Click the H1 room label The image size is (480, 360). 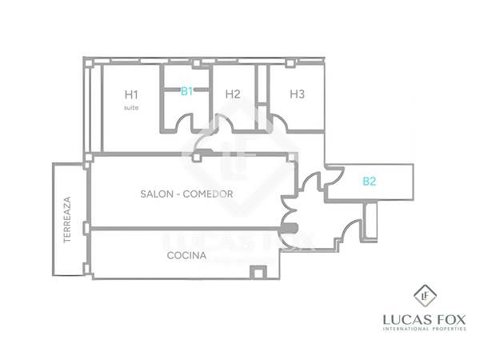(131, 94)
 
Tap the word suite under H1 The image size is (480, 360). (131, 107)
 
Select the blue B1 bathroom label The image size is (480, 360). (186, 91)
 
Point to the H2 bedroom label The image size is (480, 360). (233, 94)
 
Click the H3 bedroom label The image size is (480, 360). (298, 94)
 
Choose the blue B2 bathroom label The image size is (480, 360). (369, 182)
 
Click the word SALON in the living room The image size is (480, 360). (157, 194)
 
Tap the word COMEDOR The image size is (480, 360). (208, 194)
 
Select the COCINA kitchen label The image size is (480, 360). (186, 255)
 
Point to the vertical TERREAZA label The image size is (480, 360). (67, 219)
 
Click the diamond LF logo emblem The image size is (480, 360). (425, 295)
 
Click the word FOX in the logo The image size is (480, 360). (451, 320)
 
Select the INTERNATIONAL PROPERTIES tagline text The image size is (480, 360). (425, 329)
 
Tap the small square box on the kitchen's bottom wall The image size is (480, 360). (258, 272)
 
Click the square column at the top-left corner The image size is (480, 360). (88, 63)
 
